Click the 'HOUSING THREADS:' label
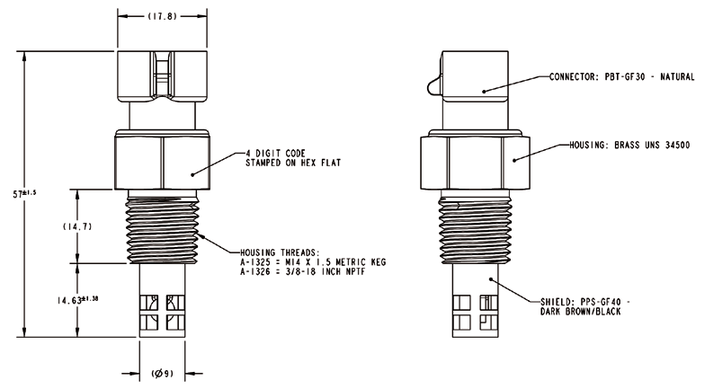coord(278,252)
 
